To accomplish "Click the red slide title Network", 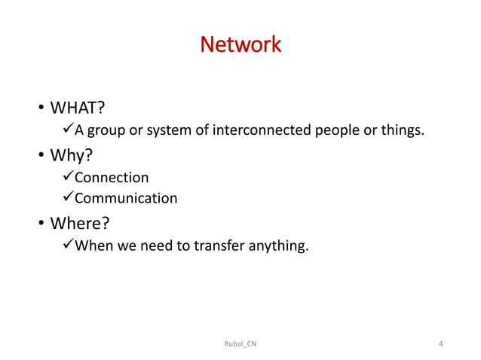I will (x=240, y=45).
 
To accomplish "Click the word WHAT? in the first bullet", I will (x=77, y=111).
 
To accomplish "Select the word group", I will (x=106, y=132).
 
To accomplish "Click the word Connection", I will (x=111, y=178).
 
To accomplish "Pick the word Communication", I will (x=125, y=199).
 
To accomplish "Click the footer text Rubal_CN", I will (x=240, y=344).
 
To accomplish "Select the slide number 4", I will (x=440, y=344).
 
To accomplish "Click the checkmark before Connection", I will (x=66, y=178).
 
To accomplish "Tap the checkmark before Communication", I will (x=66, y=199).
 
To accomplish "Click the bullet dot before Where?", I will (x=41, y=224).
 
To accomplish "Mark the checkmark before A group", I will (x=66, y=132).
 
